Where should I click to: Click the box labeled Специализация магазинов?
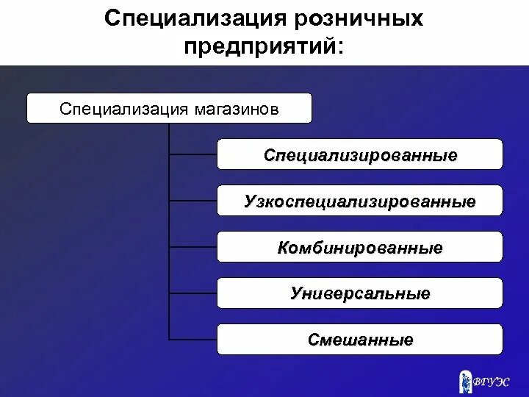169,108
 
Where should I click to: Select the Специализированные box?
360,154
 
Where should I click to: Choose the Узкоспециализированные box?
360,201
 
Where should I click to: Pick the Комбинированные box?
360,247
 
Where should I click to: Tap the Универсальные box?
360,293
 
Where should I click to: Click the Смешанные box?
360,340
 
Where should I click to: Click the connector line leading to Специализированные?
193,154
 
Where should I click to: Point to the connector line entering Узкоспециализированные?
193,201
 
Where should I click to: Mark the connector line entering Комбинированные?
193,247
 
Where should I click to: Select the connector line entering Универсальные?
193,293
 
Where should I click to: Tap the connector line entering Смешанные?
193,340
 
